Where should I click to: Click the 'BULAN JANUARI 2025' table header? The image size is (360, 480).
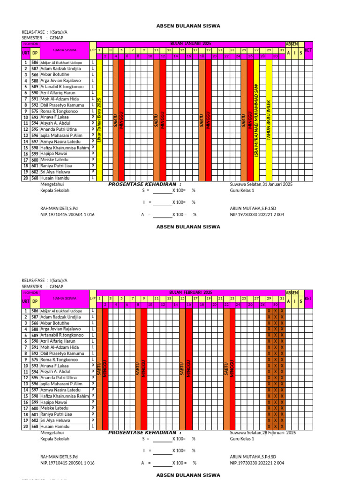coord(190,43)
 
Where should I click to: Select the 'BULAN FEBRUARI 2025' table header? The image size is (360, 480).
coord(190,292)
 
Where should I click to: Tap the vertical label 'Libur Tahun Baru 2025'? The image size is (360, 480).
coord(99,120)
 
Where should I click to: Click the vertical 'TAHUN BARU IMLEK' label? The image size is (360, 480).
coord(269,120)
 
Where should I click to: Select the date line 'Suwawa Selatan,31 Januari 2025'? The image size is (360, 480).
coord(261,185)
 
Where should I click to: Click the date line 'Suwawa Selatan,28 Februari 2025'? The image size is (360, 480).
coord(262,433)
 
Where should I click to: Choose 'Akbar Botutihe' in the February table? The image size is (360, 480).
coord(54,323)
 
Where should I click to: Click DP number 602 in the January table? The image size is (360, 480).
coord(35,172)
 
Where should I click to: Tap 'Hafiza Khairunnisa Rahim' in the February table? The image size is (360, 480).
coord(64,396)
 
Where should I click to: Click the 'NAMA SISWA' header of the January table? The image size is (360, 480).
coord(64,49)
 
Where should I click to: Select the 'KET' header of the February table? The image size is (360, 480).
coord(308,298)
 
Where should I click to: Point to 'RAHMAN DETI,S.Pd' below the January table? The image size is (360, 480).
coord(59,208)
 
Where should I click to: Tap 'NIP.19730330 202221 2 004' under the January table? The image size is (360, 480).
coord(257,214)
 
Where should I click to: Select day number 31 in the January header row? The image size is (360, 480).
coord(282,50)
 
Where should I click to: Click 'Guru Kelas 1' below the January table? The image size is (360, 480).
coord(242,191)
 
